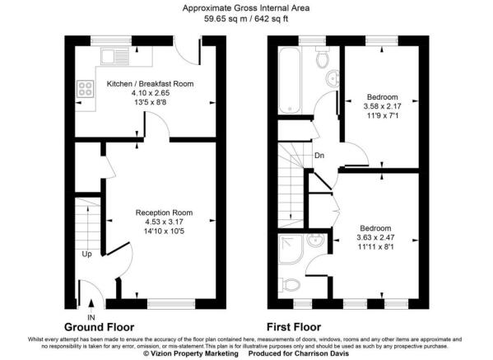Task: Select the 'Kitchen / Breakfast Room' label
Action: click(139, 84)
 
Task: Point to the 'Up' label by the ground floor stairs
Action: click(86, 254)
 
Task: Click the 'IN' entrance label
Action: click(91, 316)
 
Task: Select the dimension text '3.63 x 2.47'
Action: click(374, 236)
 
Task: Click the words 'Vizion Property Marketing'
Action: click(193, 353)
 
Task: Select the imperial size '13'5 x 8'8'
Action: click(139, 102)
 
